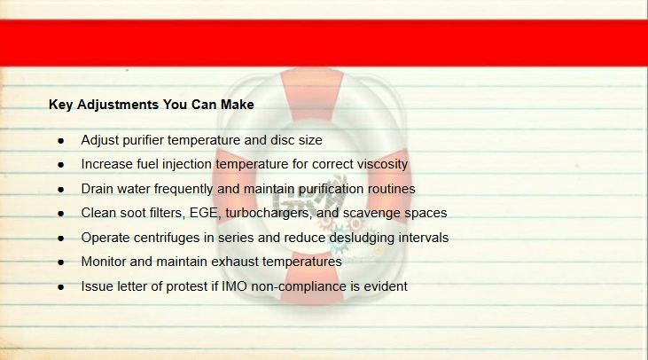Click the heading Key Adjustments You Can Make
tap(152, 105)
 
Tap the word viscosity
tap(382, 165)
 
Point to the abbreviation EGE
tap(204, 213)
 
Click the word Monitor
tap(104, 262)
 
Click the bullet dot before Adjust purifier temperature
tap(61, 141)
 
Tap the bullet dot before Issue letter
tap(61, 287)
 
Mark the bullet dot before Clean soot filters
tap(61, 214)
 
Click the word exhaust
tap(235, 262)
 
